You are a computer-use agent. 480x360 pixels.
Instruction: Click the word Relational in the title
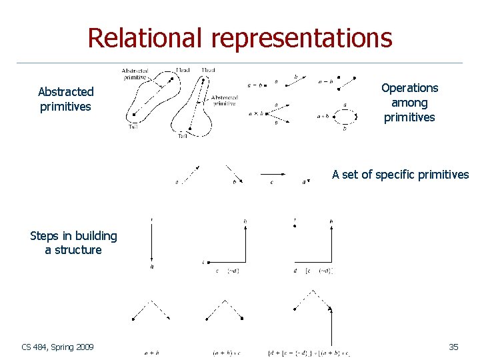(x=146, y=38)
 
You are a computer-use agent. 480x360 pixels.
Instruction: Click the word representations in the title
(x=302, y=38)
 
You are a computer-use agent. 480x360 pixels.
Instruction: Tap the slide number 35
(x=453, y=347)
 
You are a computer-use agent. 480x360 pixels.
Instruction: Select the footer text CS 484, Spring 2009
(x=58, y=347)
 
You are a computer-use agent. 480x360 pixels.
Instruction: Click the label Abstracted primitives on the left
(x=66, y=99)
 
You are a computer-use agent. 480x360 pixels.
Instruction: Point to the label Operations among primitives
(x=409, y=103)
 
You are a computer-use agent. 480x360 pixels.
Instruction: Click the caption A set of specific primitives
(x=400, y=175)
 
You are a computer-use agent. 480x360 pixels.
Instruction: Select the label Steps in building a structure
(x=73, y=243)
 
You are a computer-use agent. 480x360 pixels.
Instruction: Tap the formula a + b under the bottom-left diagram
(x=151, y=353)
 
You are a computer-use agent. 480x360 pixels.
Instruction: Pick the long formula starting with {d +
(x=309, y=353)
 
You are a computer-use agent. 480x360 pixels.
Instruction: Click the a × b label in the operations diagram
(x=255, y=115)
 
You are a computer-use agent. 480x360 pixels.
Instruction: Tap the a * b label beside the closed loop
(x=323, y=116)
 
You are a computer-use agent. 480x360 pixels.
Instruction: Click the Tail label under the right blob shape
(x=183, y=136)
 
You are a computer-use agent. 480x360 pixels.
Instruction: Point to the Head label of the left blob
(x=183, y=70)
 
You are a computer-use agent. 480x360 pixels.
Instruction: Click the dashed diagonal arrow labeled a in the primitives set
(x=189, y=174)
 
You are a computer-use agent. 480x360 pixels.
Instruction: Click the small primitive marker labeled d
(x=306, y=181)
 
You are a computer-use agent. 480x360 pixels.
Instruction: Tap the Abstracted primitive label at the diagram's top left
(x=135, y=73)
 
